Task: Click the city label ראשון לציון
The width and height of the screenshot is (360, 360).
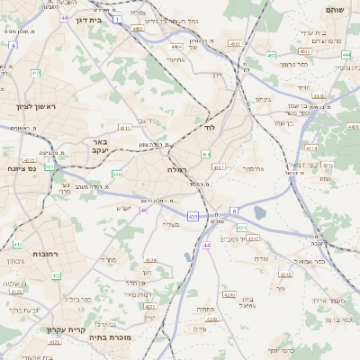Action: tap(35, 106)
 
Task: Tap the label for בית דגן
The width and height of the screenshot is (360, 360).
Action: tap(87, 18)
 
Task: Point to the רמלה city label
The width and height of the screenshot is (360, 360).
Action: tap(176, 168)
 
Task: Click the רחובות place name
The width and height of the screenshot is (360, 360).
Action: tap(45, 254)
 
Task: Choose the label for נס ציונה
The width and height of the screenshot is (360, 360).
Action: tap(21, 168)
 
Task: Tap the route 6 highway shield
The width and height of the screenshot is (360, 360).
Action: tap(235, 210)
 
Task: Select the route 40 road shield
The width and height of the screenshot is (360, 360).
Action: tap(144, 210)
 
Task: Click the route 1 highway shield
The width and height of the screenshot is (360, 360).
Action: tap(116, 18)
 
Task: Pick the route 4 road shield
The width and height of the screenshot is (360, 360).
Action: tap(13, 44)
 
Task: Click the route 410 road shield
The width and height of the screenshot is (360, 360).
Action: tap(18, 244)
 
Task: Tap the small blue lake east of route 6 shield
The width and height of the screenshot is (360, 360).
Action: tap(260, 212)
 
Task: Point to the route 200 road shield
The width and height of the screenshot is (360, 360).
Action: tap(116, 174)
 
